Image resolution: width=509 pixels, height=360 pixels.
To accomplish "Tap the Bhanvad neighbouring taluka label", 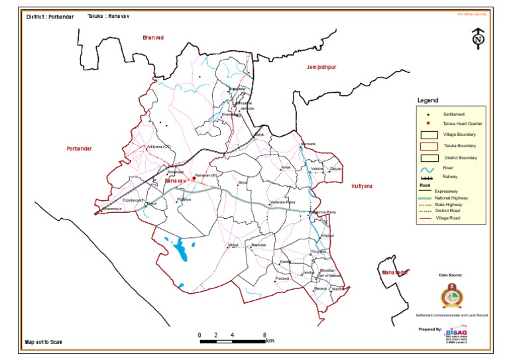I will pos(153,38).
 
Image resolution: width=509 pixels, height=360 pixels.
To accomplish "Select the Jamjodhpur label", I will pos(322,68).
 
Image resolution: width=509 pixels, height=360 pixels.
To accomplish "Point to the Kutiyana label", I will pos(364,188).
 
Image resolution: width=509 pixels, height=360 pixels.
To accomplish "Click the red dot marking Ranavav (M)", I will pos(194,178).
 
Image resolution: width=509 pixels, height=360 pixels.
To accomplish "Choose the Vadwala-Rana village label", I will pos(282,202).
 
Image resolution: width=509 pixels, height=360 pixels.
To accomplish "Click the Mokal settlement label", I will pos(233,245).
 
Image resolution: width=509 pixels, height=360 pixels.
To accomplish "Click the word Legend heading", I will pos(427,101).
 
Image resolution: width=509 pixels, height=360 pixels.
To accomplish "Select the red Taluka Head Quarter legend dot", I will pos(429,123).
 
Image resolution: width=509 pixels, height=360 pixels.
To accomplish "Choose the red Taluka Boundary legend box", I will pos(429,145).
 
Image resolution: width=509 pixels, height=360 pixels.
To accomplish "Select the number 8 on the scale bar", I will pos(264,335).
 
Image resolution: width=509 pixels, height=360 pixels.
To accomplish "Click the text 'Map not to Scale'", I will pos(44,342).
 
